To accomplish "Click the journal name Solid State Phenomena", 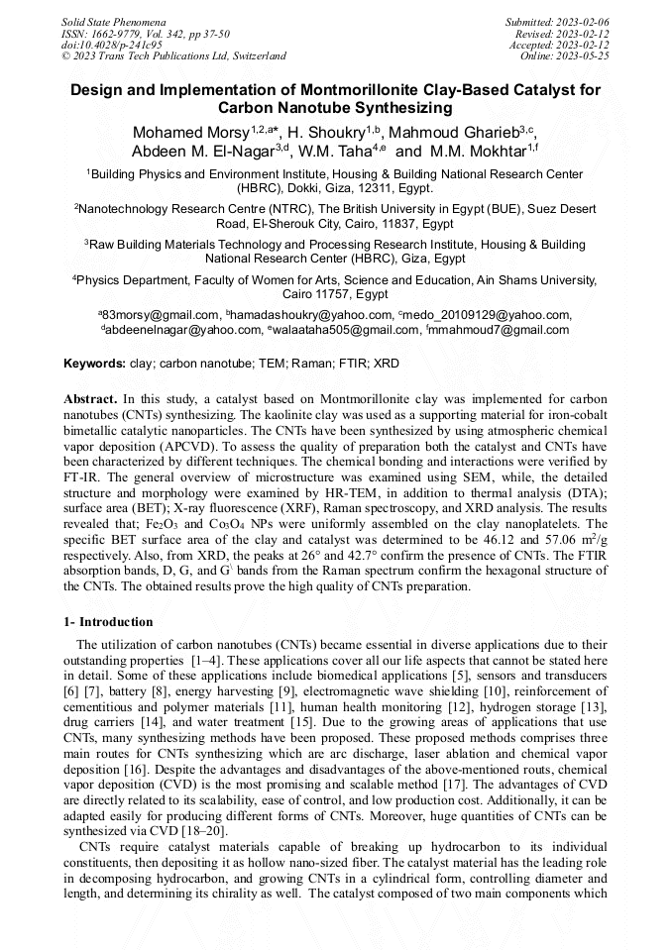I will [113, 22].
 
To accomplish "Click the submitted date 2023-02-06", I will [582, 22].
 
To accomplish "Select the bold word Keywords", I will [94, 364].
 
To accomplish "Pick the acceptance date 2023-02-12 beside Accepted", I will [582, 46].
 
